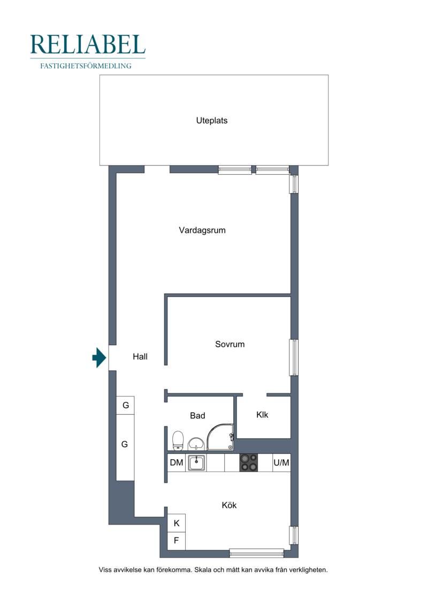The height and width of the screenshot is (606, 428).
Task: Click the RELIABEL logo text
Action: (x=88, y=44)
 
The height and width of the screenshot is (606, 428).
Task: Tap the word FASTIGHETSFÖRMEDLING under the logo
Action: (x=86, y=66)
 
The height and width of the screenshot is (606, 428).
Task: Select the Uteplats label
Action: (x=212, y=120)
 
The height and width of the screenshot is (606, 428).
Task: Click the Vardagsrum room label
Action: (x=202, y=230)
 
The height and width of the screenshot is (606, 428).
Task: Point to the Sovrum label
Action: (x=230, y=344)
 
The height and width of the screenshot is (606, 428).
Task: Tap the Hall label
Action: (x=140, y=356)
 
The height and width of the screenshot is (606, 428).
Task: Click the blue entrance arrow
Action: (x=99, y=357)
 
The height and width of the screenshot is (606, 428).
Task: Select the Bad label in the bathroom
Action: (x=197, y=415)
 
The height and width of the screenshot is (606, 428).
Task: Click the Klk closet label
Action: (x=262, y=415)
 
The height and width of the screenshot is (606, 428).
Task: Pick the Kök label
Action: (x=229, y=505)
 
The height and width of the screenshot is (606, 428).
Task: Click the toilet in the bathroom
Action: (x=178, y=440)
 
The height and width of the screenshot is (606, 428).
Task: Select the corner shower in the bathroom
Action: (x=220, y=437)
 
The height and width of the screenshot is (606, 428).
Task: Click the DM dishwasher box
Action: (x=177, y=462)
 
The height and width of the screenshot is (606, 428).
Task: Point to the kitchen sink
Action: (x=196, y=462)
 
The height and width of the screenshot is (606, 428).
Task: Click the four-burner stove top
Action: (x=249, y=462)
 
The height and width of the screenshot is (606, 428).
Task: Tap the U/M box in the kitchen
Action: (x=281, y=462)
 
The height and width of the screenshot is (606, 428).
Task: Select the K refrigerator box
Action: (x=177, y=523)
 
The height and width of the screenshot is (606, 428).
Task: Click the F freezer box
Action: (x=177, y=541)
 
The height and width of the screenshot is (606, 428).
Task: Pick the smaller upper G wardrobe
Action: (x=125, y=406)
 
